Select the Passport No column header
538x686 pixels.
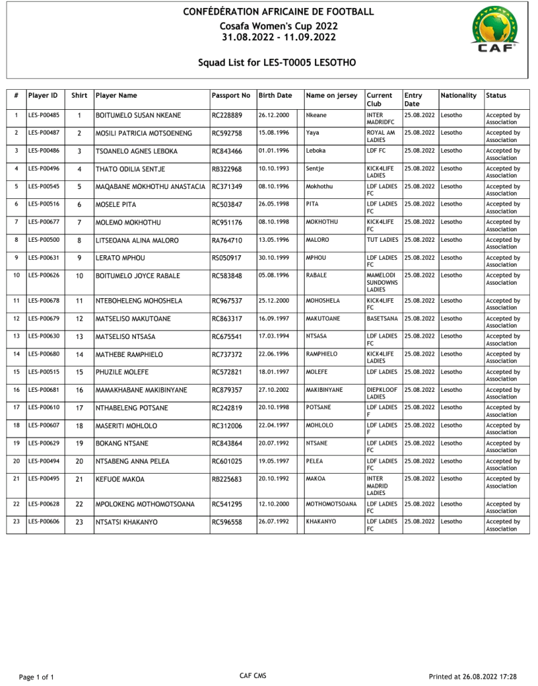[x=230, y=96]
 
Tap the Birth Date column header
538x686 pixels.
[x=275, y=96]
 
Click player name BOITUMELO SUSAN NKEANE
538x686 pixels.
[x=138, y=116]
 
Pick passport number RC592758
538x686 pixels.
[x=226, y=133]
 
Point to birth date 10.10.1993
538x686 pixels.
[x=273, y=169]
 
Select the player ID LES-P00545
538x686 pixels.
[x=44, y=186]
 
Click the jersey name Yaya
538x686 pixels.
[x=312, y=133]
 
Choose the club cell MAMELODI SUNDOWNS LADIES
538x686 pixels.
[x=382, y=282]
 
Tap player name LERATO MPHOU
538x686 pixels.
[x=120, y=258]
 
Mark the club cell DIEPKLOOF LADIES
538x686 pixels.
[x=383, y=393]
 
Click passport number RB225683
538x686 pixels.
[x=226, y=480]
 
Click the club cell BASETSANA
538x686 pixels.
[x=382, y=319]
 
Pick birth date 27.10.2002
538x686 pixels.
[x=273, y=390]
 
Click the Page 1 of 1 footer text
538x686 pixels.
[x=36, y=677]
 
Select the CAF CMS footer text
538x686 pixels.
[x=253, y=676]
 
